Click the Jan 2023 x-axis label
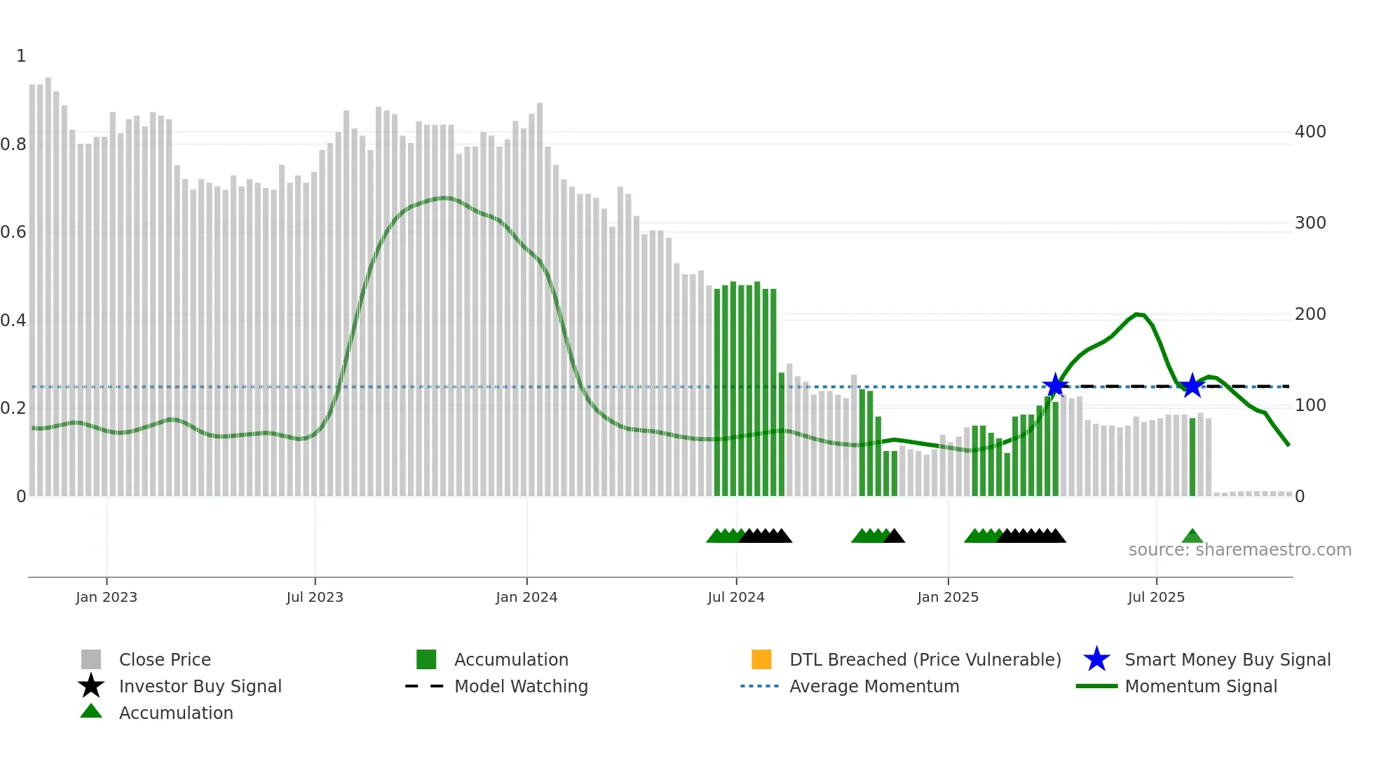pos(107,597)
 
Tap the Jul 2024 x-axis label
pos(736,597)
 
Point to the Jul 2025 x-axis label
pos(1156,597)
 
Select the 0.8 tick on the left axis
pos(13,144)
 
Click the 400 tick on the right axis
pos(1310,132)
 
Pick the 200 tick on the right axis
pos(1310,314)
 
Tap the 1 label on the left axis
pos(21,56)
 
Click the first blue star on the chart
pos(1055,386)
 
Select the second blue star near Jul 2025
pos(1192,386)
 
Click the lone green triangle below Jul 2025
pos(1192,537)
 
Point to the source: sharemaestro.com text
pos(1239,550)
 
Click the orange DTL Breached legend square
pos(761,659)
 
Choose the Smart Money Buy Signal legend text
pos(1227,659)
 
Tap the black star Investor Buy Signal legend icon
pos(91,686)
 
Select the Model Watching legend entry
pos(521,686)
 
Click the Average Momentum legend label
pos(874,686)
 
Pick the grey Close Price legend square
pos(91,659)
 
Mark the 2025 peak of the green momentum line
pos(1138,314)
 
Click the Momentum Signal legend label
pos(1201,686)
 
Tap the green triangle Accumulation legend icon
pos(91,711)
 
